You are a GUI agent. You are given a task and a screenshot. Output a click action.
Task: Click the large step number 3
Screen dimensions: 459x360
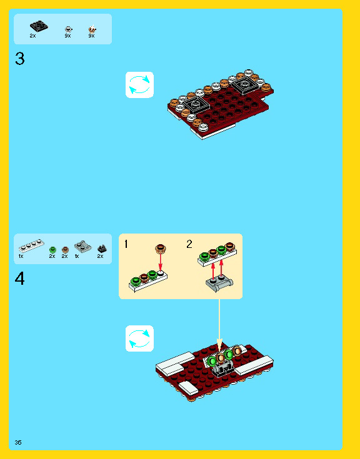[x=20, y=60]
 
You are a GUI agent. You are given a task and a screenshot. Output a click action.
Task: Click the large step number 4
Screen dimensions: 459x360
[x=20, y=278]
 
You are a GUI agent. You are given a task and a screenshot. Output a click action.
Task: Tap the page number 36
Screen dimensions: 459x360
[x=18, y=442]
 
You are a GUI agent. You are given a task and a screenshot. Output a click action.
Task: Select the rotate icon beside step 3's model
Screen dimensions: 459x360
[x=139, y=85]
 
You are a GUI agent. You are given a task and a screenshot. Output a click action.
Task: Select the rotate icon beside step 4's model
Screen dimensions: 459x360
[x=139, y=338]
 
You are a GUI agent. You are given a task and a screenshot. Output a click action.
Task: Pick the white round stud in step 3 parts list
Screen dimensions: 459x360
[x=68, y=29]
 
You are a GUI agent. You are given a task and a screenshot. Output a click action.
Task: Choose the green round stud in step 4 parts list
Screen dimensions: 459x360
[x=52, y=249]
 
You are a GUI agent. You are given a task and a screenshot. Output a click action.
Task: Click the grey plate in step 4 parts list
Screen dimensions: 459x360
[x=82, y=245]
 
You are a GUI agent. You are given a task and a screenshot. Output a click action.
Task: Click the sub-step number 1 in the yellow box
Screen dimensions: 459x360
[x=126, y=244]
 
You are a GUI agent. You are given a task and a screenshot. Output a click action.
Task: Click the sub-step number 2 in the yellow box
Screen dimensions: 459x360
[x=189, y=244]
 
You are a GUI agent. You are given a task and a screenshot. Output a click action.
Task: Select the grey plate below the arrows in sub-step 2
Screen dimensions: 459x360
[x=220, y=284]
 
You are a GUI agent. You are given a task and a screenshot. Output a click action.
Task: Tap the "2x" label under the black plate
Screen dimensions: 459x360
[x=32, y=36]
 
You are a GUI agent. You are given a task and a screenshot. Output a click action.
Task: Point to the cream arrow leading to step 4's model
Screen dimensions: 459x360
[x=219, y=322]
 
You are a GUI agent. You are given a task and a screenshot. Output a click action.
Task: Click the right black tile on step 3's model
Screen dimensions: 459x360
[x=241, y=82]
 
